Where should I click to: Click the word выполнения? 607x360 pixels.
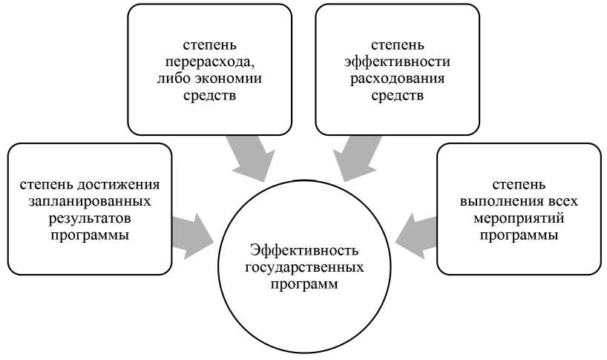pyautogui.click(x=503, y=201)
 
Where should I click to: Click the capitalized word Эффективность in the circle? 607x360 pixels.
pyautogui.click(x=304, y=250)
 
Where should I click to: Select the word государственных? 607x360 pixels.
pyautogui.click(x=304, y=266)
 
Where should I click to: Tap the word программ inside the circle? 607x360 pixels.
pyautogui.click(x=304, y=284)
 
